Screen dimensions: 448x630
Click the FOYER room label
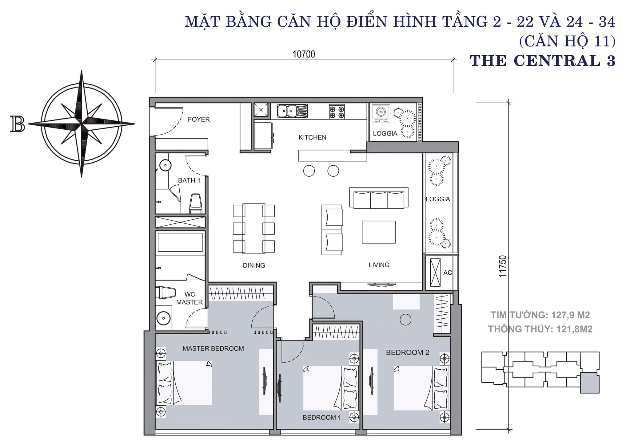(199, 119)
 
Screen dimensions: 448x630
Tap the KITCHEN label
(312, 137)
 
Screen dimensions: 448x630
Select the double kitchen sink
(292, 111)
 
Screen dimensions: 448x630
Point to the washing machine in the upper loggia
(381, 114)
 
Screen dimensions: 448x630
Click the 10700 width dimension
(304, 54)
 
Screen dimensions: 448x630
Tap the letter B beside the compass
(18, 124)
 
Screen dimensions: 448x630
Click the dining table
(254, 228)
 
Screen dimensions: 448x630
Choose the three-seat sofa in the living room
(379, 198)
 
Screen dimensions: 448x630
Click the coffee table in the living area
(379, 232)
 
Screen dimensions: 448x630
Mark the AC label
(448, 273)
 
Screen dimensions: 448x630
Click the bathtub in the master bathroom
(180, 242)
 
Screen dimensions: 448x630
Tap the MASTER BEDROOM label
(213, 348)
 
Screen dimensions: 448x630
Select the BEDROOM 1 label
(322, 417)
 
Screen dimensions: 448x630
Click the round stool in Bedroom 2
(405, 320)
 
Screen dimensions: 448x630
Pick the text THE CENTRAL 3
(542, 61)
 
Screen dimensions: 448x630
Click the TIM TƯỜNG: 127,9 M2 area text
(540, 315)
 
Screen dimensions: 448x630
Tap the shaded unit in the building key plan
(590, 383)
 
